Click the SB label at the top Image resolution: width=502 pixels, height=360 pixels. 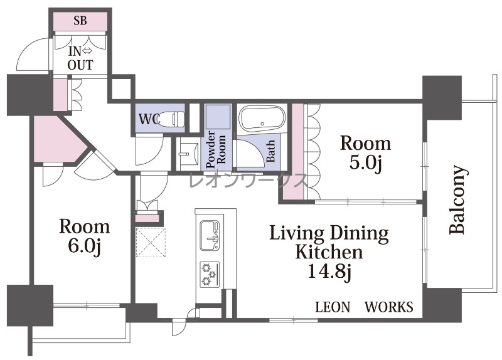(80, 21)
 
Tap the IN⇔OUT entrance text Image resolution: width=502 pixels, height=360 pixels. (80, 58)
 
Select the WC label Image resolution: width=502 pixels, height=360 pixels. (149, 119)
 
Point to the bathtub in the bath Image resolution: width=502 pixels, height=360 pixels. (262, 119)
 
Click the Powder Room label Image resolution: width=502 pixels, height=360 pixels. (216, 150)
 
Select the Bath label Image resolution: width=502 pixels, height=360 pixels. (270, 151)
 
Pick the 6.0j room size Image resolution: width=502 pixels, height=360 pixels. (85, 246)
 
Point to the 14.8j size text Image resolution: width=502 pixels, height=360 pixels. (329, 272)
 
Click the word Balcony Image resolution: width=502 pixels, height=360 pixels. (457, 199)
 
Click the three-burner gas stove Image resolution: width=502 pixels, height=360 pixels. (210, 275)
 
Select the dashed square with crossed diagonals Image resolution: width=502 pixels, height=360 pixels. (151, 242)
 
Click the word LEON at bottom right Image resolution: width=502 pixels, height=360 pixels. (333, 307)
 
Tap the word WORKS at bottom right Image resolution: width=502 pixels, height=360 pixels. (389, 307)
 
